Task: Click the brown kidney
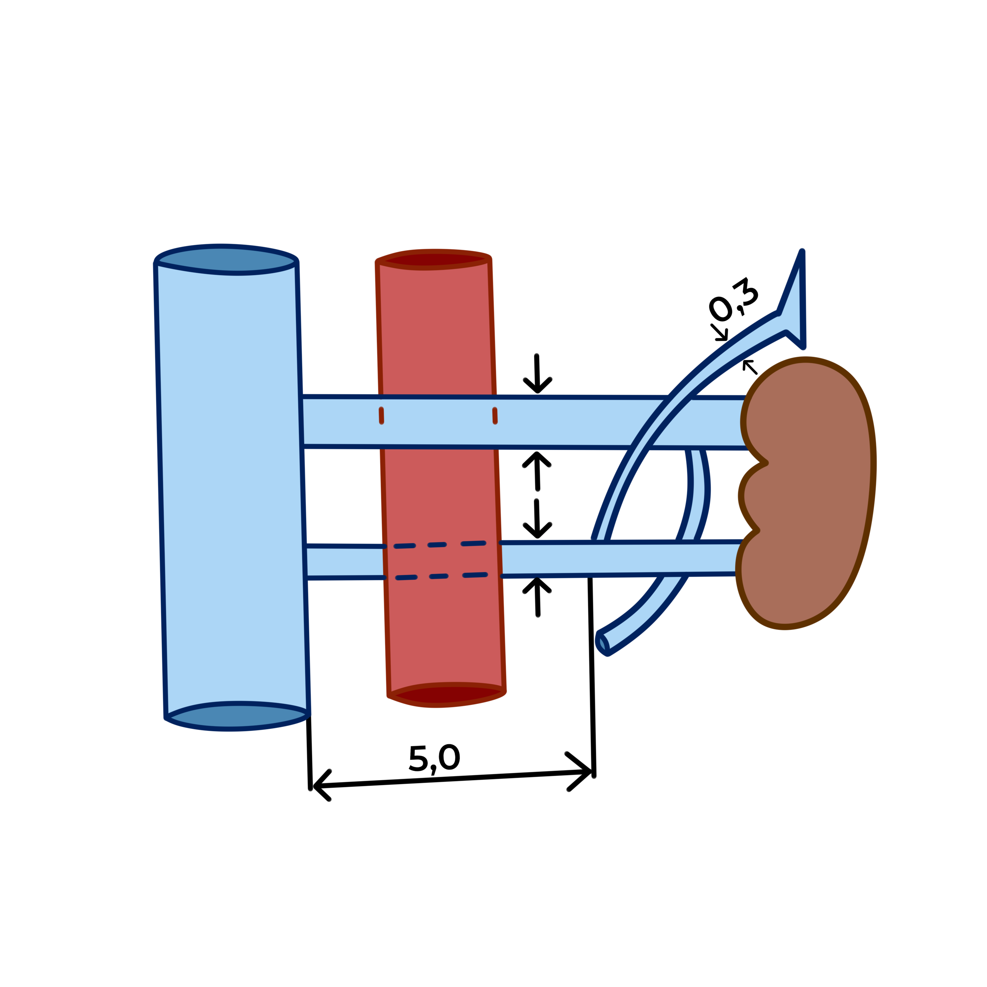tap(812, 491)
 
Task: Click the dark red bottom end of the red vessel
tap(446, 695)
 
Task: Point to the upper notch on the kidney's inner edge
tap(765, 463)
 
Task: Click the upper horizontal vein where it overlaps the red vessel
tap(438, 422)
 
